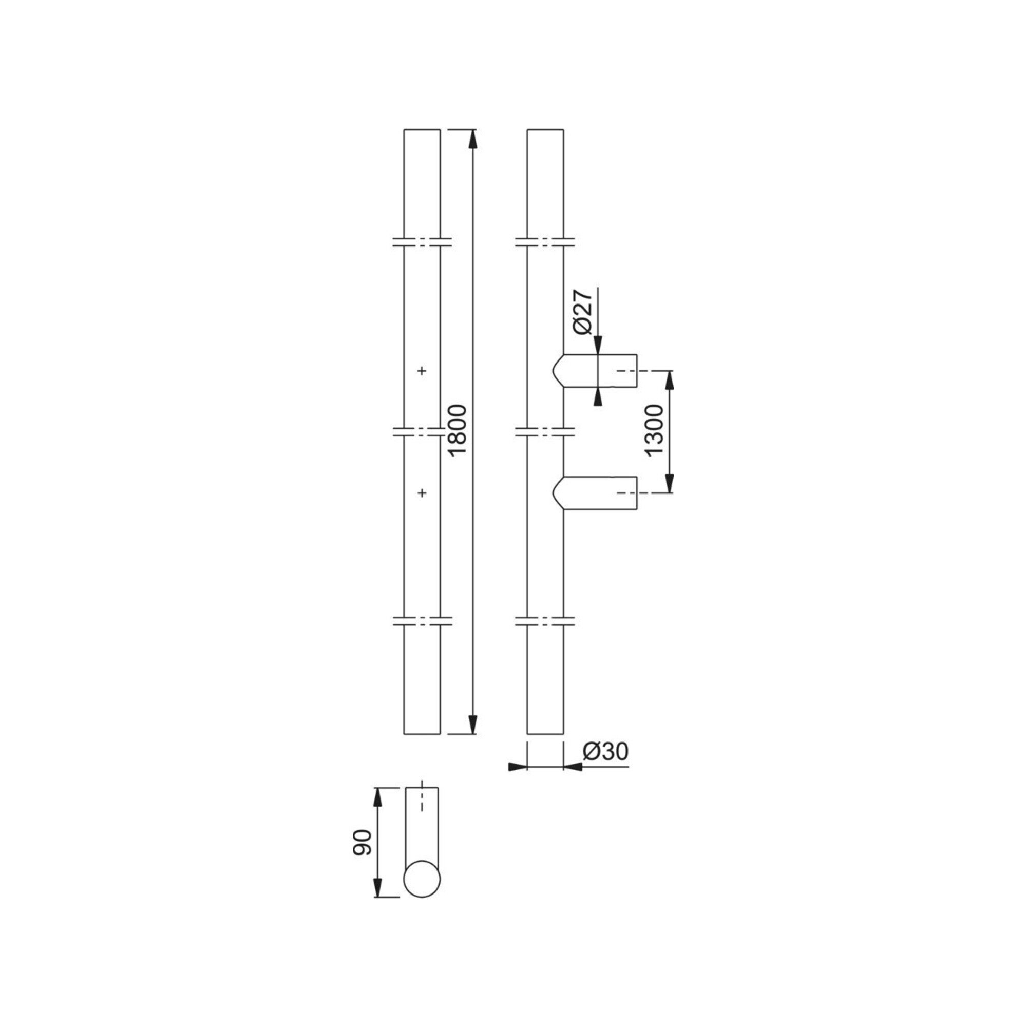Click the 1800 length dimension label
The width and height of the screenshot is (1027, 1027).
[x=457, y=429]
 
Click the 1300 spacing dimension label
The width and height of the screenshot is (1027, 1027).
[x=653, y=430]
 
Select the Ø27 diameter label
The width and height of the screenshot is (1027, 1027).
[x=583, y=312]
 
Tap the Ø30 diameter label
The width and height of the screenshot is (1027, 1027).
[x=605, y=752]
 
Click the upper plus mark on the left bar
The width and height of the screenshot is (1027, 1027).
[x=422, y=371]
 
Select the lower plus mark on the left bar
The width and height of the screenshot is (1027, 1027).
[x=422, y=493]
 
